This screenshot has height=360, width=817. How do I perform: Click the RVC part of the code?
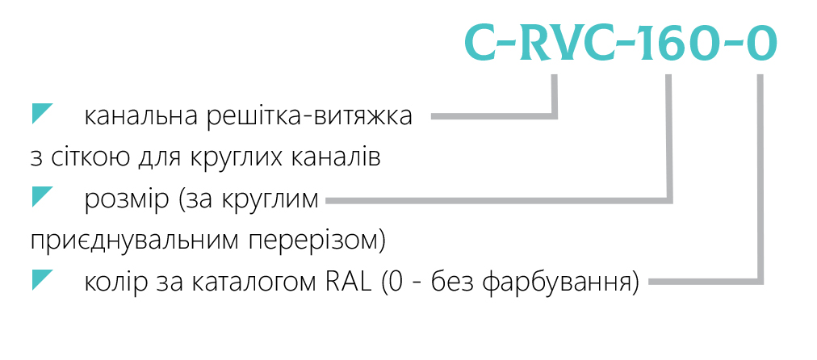(572, 42)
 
